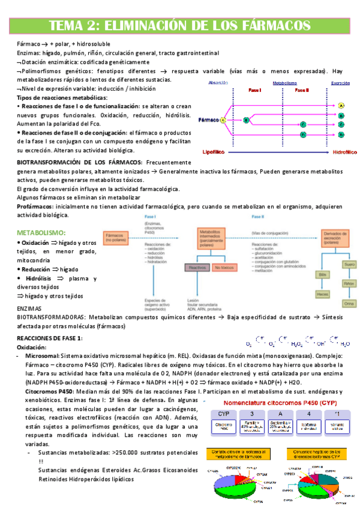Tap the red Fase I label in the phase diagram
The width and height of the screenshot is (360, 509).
[255, 90]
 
